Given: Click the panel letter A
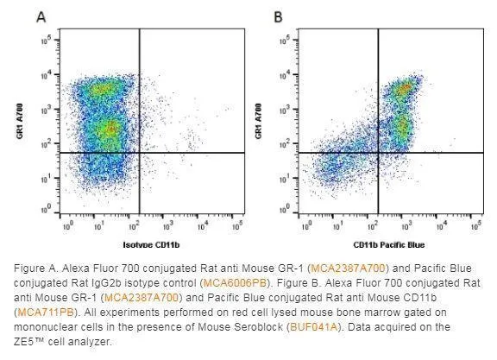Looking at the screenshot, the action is [x=41, y=16].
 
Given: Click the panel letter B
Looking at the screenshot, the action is [x=278, y=16].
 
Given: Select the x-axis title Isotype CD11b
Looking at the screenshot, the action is [x=151, y=245].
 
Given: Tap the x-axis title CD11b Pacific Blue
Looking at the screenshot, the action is [x=389, y=245].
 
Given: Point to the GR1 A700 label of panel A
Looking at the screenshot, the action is [x=20, y=121].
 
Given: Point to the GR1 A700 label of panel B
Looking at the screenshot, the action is [x=258, y=121].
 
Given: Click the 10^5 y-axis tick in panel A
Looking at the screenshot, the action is [x=46, y=41].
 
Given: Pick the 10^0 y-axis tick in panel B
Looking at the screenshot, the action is [x=285, y=209].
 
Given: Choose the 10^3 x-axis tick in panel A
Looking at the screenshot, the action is [x=167, y=226].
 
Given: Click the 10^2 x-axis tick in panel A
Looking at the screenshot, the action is [x=134, y=226].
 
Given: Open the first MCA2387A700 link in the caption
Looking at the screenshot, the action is [x=348, y=268].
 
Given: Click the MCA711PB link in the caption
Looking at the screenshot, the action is [x=46, y=313].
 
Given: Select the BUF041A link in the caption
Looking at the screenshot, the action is [x=314, y=327].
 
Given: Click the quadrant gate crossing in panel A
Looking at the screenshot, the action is [x=140, y=153].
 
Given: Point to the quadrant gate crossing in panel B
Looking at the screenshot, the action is [x=378, y=153].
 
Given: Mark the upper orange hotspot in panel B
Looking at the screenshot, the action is [x=405, y=88].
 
